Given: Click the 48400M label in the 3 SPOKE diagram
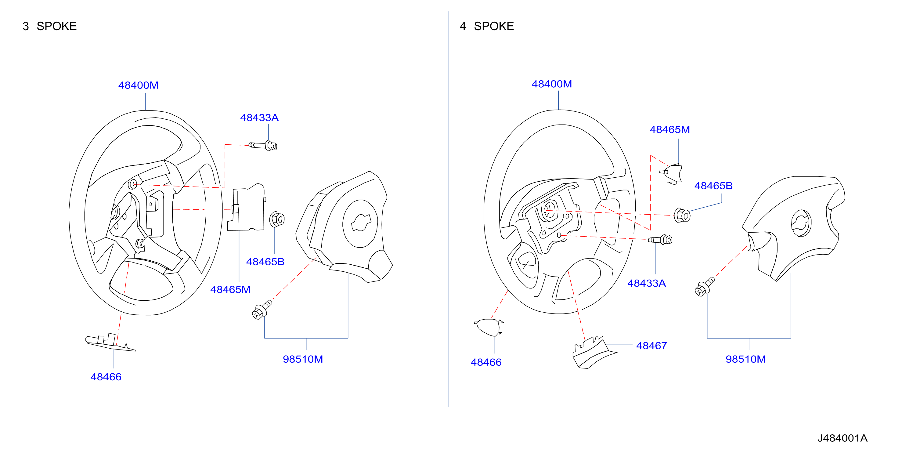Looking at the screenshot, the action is (138, 85).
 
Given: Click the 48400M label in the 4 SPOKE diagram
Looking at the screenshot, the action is (551, 84).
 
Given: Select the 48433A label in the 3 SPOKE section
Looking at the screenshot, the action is (259, 118).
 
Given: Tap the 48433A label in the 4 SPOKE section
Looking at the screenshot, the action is (646, 283).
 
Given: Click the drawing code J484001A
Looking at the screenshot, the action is (842, 438).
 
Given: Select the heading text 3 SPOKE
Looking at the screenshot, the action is (50, 26).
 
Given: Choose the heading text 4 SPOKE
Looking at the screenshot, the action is (487, 26).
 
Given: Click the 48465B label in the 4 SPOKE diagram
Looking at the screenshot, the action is (713, 186).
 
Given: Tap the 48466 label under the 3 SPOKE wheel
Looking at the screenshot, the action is (106, 377).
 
